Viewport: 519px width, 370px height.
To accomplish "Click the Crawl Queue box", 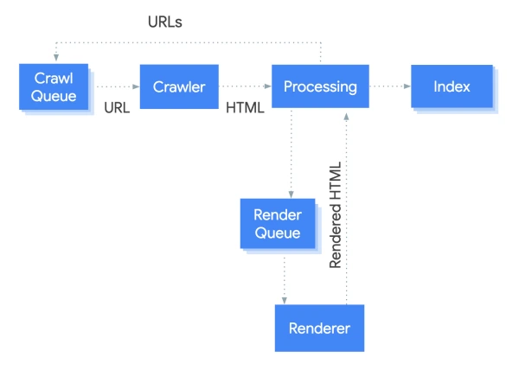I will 55,86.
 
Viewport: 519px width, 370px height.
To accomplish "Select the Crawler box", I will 179,86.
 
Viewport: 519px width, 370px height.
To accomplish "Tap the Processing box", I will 319,86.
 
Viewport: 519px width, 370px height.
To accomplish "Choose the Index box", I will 452,86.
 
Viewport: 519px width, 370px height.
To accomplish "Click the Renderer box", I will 319,329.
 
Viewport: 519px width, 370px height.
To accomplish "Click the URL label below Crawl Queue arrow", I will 116,109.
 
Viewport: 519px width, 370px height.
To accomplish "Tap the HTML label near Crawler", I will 245,109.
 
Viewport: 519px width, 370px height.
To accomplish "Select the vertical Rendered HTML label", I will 336,214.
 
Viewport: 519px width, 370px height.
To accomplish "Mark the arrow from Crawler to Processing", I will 246,86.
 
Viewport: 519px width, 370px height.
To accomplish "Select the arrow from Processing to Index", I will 389,86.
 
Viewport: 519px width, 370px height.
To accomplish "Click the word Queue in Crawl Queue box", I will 54,95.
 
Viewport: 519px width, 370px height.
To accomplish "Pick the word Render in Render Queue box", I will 276,215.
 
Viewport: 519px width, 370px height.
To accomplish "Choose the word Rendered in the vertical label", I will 336,237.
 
